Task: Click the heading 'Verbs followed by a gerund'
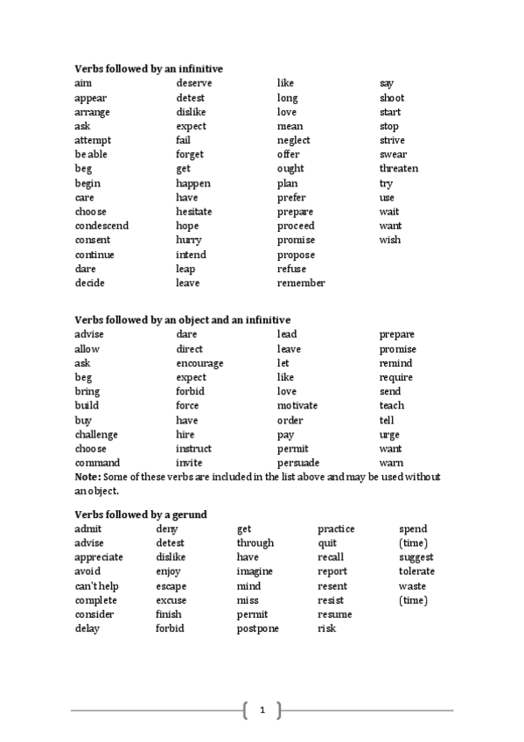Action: (x=140, y=514)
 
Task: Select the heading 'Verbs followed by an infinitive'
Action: (x=148, y=68)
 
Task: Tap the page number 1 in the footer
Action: (x=262, y=710)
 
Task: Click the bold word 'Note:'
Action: (x=88, y=477)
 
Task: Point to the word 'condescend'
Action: (x=101, y=226)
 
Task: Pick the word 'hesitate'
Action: (x=194, y=212)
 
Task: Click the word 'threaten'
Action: (x=399, y=169)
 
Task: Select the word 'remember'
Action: (x=301, y=283)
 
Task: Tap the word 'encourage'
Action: (x=199, y=363)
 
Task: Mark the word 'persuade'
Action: (x=298, y=463)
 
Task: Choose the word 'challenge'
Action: (x=96, y=435)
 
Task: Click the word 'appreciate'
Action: (x=99, y=557)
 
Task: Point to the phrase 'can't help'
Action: (x=95, y=586)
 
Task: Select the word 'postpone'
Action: (x=258, y=629)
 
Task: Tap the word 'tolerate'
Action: (x=416, y=572)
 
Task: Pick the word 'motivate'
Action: (x=297, y=406)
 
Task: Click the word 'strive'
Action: (x=392, y=140)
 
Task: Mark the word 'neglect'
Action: (x=294, y=140)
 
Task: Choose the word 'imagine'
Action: (x=255, y=572)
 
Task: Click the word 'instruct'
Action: (x=193, y=449)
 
